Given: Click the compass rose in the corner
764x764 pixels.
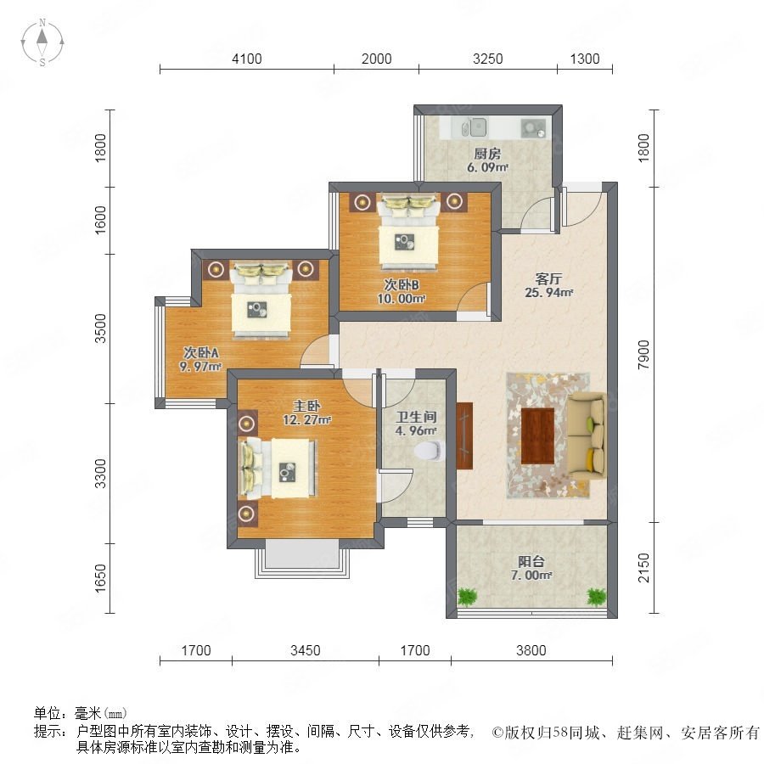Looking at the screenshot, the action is point(42,42).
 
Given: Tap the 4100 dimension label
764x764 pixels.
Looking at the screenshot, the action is point(246,59).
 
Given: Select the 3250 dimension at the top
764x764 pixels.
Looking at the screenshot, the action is point(488,59).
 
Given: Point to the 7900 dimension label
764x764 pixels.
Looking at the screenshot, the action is point(643,354).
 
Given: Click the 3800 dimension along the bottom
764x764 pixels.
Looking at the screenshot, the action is point(531,650).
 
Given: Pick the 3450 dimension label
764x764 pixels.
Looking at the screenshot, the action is point(306,650).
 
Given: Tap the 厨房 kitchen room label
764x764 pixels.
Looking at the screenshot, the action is point(487,154).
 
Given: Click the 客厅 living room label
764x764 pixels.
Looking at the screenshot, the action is point(548,278).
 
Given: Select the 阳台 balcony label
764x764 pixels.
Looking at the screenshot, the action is point(531,561).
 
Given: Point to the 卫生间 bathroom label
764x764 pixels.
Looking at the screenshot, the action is point(416,417).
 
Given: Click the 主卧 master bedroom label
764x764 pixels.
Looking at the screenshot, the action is point(306,406).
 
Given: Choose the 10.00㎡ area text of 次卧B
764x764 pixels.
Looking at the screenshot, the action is point(402,298).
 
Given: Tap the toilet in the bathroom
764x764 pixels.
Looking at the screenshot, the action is point(430,451).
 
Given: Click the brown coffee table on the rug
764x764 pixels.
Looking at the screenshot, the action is point(538,436).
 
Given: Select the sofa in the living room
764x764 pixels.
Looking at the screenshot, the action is point(587,436).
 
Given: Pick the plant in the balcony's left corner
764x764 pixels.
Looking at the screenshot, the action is point(467,596).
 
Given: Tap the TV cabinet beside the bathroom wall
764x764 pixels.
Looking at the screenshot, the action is point(465,435).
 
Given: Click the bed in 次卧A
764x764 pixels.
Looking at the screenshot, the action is point(261,301).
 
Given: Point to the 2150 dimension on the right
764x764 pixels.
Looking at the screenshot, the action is point(643,567).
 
